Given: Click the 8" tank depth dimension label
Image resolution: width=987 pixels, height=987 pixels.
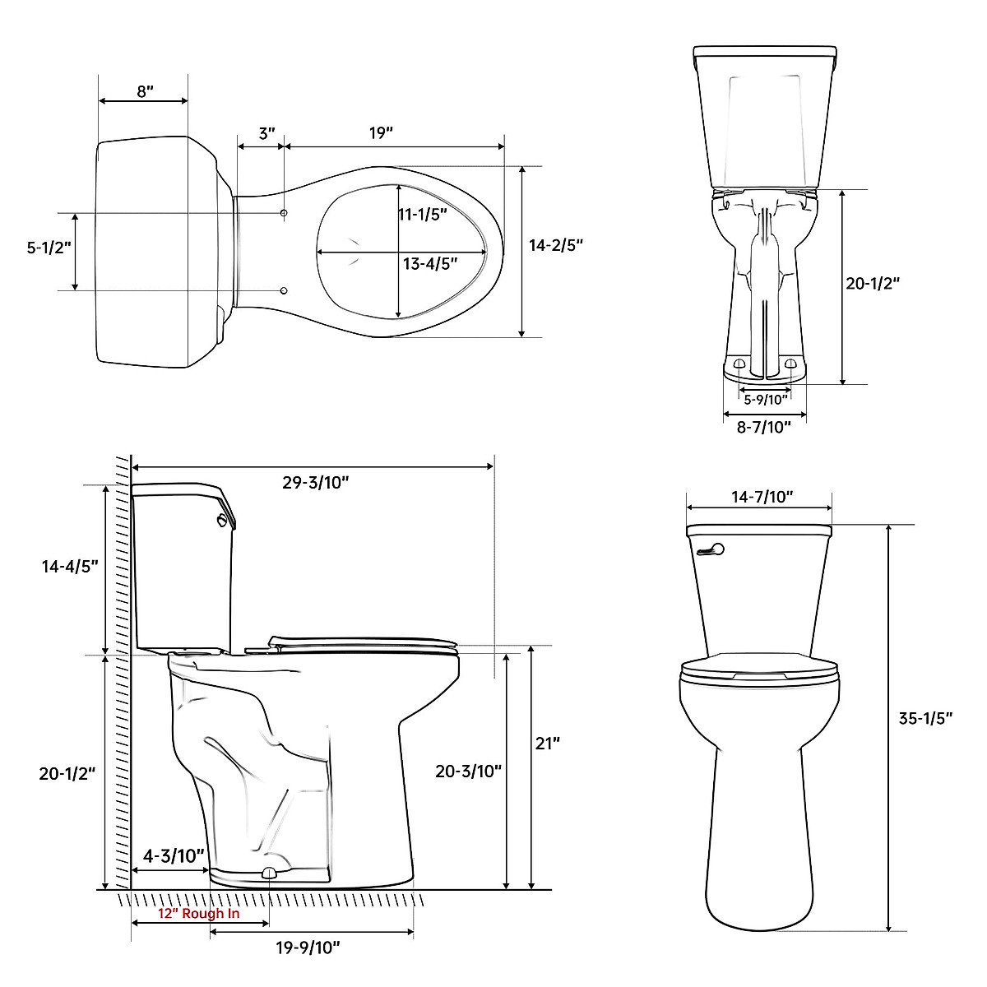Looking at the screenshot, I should coord(145,90).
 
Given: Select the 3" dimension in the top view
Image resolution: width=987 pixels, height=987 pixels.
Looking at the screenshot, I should coord(266,133).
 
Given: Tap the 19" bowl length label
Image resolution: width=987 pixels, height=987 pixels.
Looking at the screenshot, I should coord(381,133).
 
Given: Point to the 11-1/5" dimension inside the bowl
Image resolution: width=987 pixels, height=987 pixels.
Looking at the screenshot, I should coord(423,215).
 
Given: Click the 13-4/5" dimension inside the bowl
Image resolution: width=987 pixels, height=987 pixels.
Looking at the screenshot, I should coord(430,264).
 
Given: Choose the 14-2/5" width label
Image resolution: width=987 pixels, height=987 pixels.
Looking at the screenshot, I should coord(556,245).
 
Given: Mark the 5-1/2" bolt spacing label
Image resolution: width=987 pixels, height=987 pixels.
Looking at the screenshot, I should coord(49,248).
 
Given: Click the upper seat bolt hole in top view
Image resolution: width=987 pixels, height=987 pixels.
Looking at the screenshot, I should coord(284,214).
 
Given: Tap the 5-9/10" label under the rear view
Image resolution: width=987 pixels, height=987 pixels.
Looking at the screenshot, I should coord(766,400).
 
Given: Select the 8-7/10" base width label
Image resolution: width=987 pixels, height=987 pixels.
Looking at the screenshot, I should coord(764,426).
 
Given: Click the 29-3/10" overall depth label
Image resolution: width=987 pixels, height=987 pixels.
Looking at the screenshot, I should coord(316,483).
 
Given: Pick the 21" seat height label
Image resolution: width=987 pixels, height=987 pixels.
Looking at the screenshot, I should coord(548,743).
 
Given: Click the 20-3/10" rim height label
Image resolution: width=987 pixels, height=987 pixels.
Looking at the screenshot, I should coord(469,771).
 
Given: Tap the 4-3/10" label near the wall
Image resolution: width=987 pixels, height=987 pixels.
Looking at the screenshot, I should coord(174,856).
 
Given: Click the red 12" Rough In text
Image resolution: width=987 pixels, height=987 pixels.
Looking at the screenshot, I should coord(199,914).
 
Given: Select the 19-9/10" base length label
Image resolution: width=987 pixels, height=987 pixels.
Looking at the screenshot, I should coord(308,948).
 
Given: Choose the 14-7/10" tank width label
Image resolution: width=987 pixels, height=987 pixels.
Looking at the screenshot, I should coord(762,497).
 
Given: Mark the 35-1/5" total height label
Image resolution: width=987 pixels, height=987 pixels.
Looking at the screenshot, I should coord(925,718).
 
